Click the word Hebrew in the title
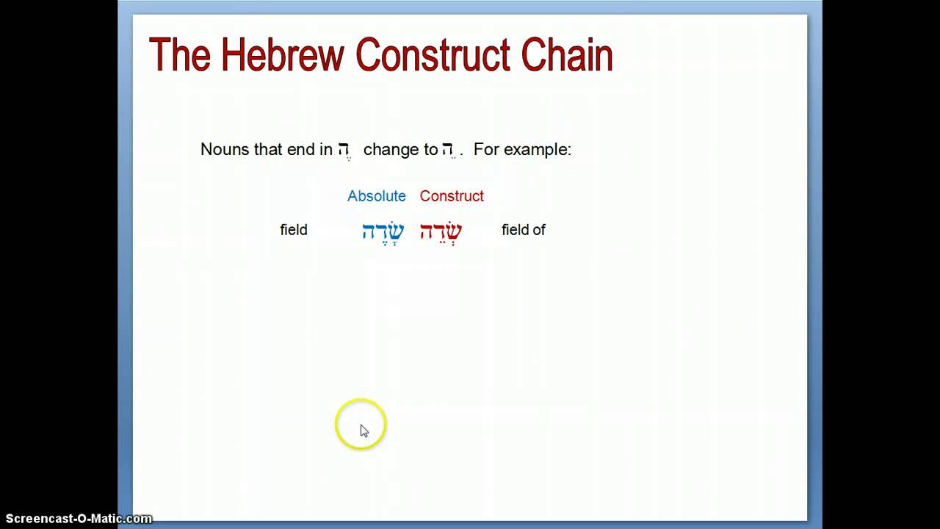click(282, 55)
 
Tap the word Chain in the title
click(567, 55)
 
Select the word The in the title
click(180, 55)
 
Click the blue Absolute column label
click(376, 196)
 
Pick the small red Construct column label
click(452, 196)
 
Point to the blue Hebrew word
click(383, 231)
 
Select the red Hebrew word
click(441, 231)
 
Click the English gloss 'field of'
click(523, 230)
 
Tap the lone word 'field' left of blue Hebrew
click(294, 230)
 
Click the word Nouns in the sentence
click(225, 149)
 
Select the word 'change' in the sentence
click(390, 149)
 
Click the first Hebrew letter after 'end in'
click(344, 150)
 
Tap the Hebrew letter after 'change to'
click(448, 150)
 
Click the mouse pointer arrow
click(364, 431)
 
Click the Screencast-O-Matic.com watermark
click(79, 519)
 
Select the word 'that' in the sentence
click(268, 149)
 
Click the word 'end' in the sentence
click(300, 149)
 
